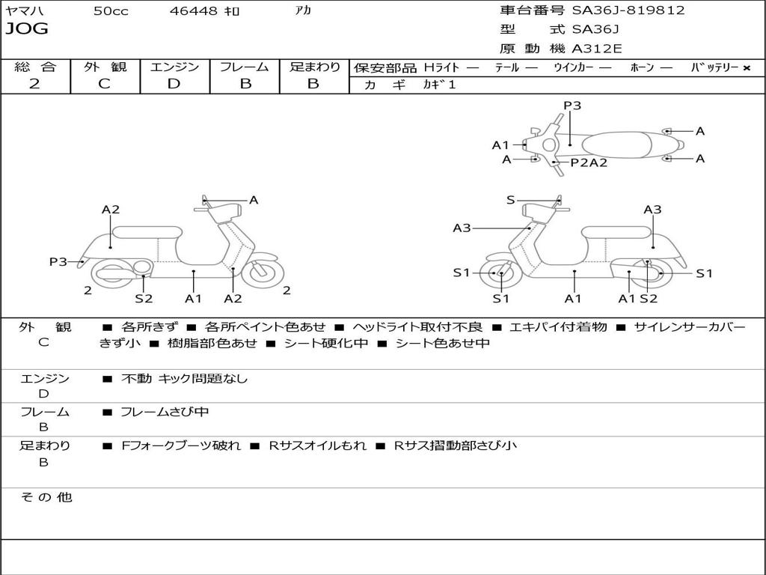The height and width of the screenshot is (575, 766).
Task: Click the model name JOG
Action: pos(27,29)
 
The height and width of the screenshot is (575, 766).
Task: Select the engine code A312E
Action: pos(597,49)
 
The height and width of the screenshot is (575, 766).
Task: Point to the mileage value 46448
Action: pos(194,11)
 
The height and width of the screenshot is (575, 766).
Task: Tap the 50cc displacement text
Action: pos(111,11)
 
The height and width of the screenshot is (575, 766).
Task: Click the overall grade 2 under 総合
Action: pos(34,84)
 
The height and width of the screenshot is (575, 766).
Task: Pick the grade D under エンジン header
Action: pos(174,84)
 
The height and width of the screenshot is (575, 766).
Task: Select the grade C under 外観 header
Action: pos(104,84)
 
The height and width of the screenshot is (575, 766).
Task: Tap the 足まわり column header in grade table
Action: pos(314,67)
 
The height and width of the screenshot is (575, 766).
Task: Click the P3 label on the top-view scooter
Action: pos(572,106)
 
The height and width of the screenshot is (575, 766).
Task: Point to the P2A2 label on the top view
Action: pos(589,162)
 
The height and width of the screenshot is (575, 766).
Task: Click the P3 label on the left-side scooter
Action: pos(58,262)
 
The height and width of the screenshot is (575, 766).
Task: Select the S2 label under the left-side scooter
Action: pos(144,299)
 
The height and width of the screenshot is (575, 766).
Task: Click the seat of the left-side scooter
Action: pos(146,232)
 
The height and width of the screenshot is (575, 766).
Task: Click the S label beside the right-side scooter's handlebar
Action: pos(511,200)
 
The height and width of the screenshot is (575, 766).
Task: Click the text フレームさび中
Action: pos(165,412)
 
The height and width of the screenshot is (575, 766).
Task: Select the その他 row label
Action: pos(46,497)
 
